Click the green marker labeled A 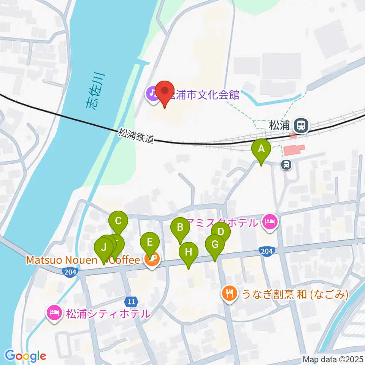pyautogui.click(x=261, y=149)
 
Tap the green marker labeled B pyautogui.click(x=180, y=228)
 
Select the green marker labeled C pyautogui.click(x=118, y=221)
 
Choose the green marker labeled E pyautogui.click(x=150, y=242)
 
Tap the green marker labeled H pyautogui.click(x=188, y=252)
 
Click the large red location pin pyautogui.click(x=165, y=92)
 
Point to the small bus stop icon pyautogui.click(x=286, y=164)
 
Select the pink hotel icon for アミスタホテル pyautogui.click(x=270, y=222)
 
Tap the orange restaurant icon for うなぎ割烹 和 pyautogui.click(x=229, y=294)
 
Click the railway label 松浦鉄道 pyautogui.click(x=136, y=135)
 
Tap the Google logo pyautogui.click(x=25, y=355)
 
